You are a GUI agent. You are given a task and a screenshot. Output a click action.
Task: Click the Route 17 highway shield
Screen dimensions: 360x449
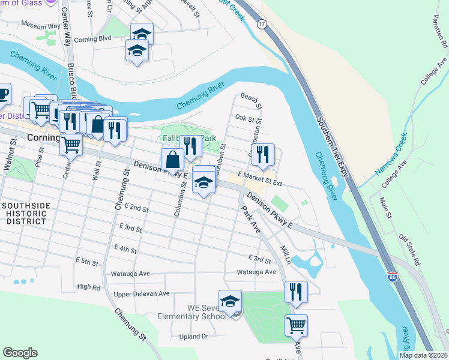[x=261, y=23]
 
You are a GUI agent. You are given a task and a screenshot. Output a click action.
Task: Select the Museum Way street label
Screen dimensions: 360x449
[x=41, y=25]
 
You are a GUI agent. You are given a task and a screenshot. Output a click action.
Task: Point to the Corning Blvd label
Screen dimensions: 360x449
[x=96, y=38]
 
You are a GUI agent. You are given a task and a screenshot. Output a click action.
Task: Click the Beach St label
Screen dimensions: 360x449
[x=251, y=100]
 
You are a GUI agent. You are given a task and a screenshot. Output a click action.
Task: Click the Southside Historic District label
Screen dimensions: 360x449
[x=25, y=213]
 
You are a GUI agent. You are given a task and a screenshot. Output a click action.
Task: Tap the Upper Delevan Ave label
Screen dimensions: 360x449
[x=142, y=294]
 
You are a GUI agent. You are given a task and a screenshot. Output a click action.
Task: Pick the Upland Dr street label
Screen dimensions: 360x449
[x=193, y=337]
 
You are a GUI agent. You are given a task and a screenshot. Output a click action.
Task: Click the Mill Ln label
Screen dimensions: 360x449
[x=286, y=256]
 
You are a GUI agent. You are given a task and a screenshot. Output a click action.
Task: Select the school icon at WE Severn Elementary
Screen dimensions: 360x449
[x=230, y=302]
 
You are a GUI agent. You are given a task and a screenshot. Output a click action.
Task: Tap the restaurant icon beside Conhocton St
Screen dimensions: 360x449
[x=263, y=155]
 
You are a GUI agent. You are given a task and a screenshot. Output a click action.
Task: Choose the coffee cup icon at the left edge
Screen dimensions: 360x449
[x=3, y=94]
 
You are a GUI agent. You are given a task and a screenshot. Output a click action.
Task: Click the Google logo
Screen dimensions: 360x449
[x=20, y=353]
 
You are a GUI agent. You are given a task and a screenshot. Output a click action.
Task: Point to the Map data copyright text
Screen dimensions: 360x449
[x=423, y=355]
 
